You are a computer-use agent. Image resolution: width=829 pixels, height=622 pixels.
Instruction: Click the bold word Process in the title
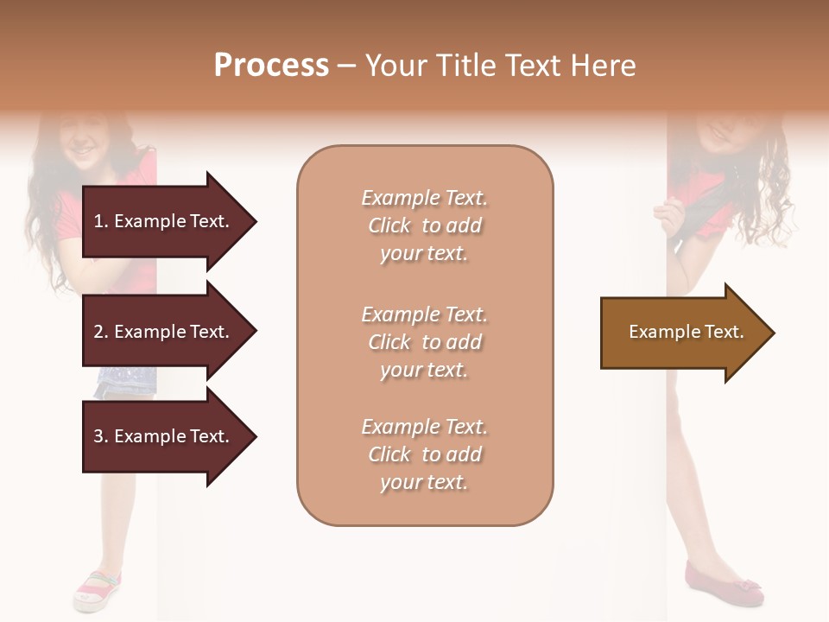(x=271, y=66)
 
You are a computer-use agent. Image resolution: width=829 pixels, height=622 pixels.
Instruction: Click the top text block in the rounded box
(x=424, y=225)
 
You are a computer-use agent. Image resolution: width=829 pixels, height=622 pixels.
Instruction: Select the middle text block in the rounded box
(x=424, y=342)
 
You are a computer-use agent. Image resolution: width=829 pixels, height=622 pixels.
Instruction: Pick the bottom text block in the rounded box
(x=424, y=454)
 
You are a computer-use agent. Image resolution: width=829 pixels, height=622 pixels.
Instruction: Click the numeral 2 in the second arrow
(x=98, y=332)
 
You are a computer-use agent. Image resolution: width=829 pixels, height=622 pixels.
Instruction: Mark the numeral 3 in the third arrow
(x=98, y=436)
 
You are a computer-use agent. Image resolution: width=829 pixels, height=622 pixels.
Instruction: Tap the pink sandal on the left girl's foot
(x=98, y=590)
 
